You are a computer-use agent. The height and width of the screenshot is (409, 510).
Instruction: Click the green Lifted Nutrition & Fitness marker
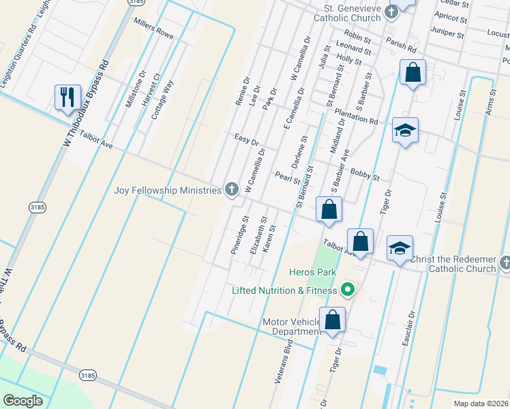[x=347, y=290]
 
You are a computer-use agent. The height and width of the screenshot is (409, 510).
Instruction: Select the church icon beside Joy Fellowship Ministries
[x=232, y=190]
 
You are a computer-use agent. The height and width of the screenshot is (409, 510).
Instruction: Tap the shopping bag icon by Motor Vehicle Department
[x=332, y=320]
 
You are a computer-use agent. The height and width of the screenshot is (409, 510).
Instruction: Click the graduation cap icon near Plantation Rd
[x=405, y=131]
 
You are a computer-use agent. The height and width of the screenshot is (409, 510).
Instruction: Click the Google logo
[x=22, y=400]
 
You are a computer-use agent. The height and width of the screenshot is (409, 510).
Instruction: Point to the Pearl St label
[x=287, y=178]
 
